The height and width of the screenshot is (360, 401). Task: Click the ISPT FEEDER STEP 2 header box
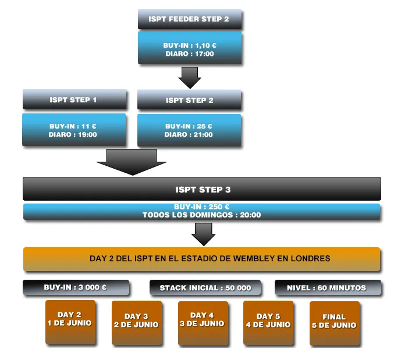click(x=189, y=19)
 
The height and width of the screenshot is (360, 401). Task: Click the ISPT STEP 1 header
click(x=74, y=99)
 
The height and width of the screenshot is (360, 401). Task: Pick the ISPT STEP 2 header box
click(x=189, y=100)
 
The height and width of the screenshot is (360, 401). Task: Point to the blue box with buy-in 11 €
click(x=74, y=130)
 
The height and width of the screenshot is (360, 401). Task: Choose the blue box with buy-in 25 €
click(x=189, y=130)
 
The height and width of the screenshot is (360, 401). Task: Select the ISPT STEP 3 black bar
click(x=201, y=189)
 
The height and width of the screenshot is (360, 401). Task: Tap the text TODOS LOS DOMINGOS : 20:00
click(x=201, y=215)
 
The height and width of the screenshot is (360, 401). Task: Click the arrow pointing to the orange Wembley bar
click(x=203, y=234)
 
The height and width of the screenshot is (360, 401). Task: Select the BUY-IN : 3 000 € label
click(x=76, y=287)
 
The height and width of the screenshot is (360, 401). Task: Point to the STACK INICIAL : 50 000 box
click(x=205, y=288)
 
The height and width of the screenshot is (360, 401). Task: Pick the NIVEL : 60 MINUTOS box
click(x=327, y=288)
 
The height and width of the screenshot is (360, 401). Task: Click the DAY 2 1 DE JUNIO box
click(x=70, y=322)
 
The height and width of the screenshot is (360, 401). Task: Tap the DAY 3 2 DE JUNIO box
click(x=136, y=322)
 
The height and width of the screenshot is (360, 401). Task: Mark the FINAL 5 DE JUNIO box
click(x=334, y=322)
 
